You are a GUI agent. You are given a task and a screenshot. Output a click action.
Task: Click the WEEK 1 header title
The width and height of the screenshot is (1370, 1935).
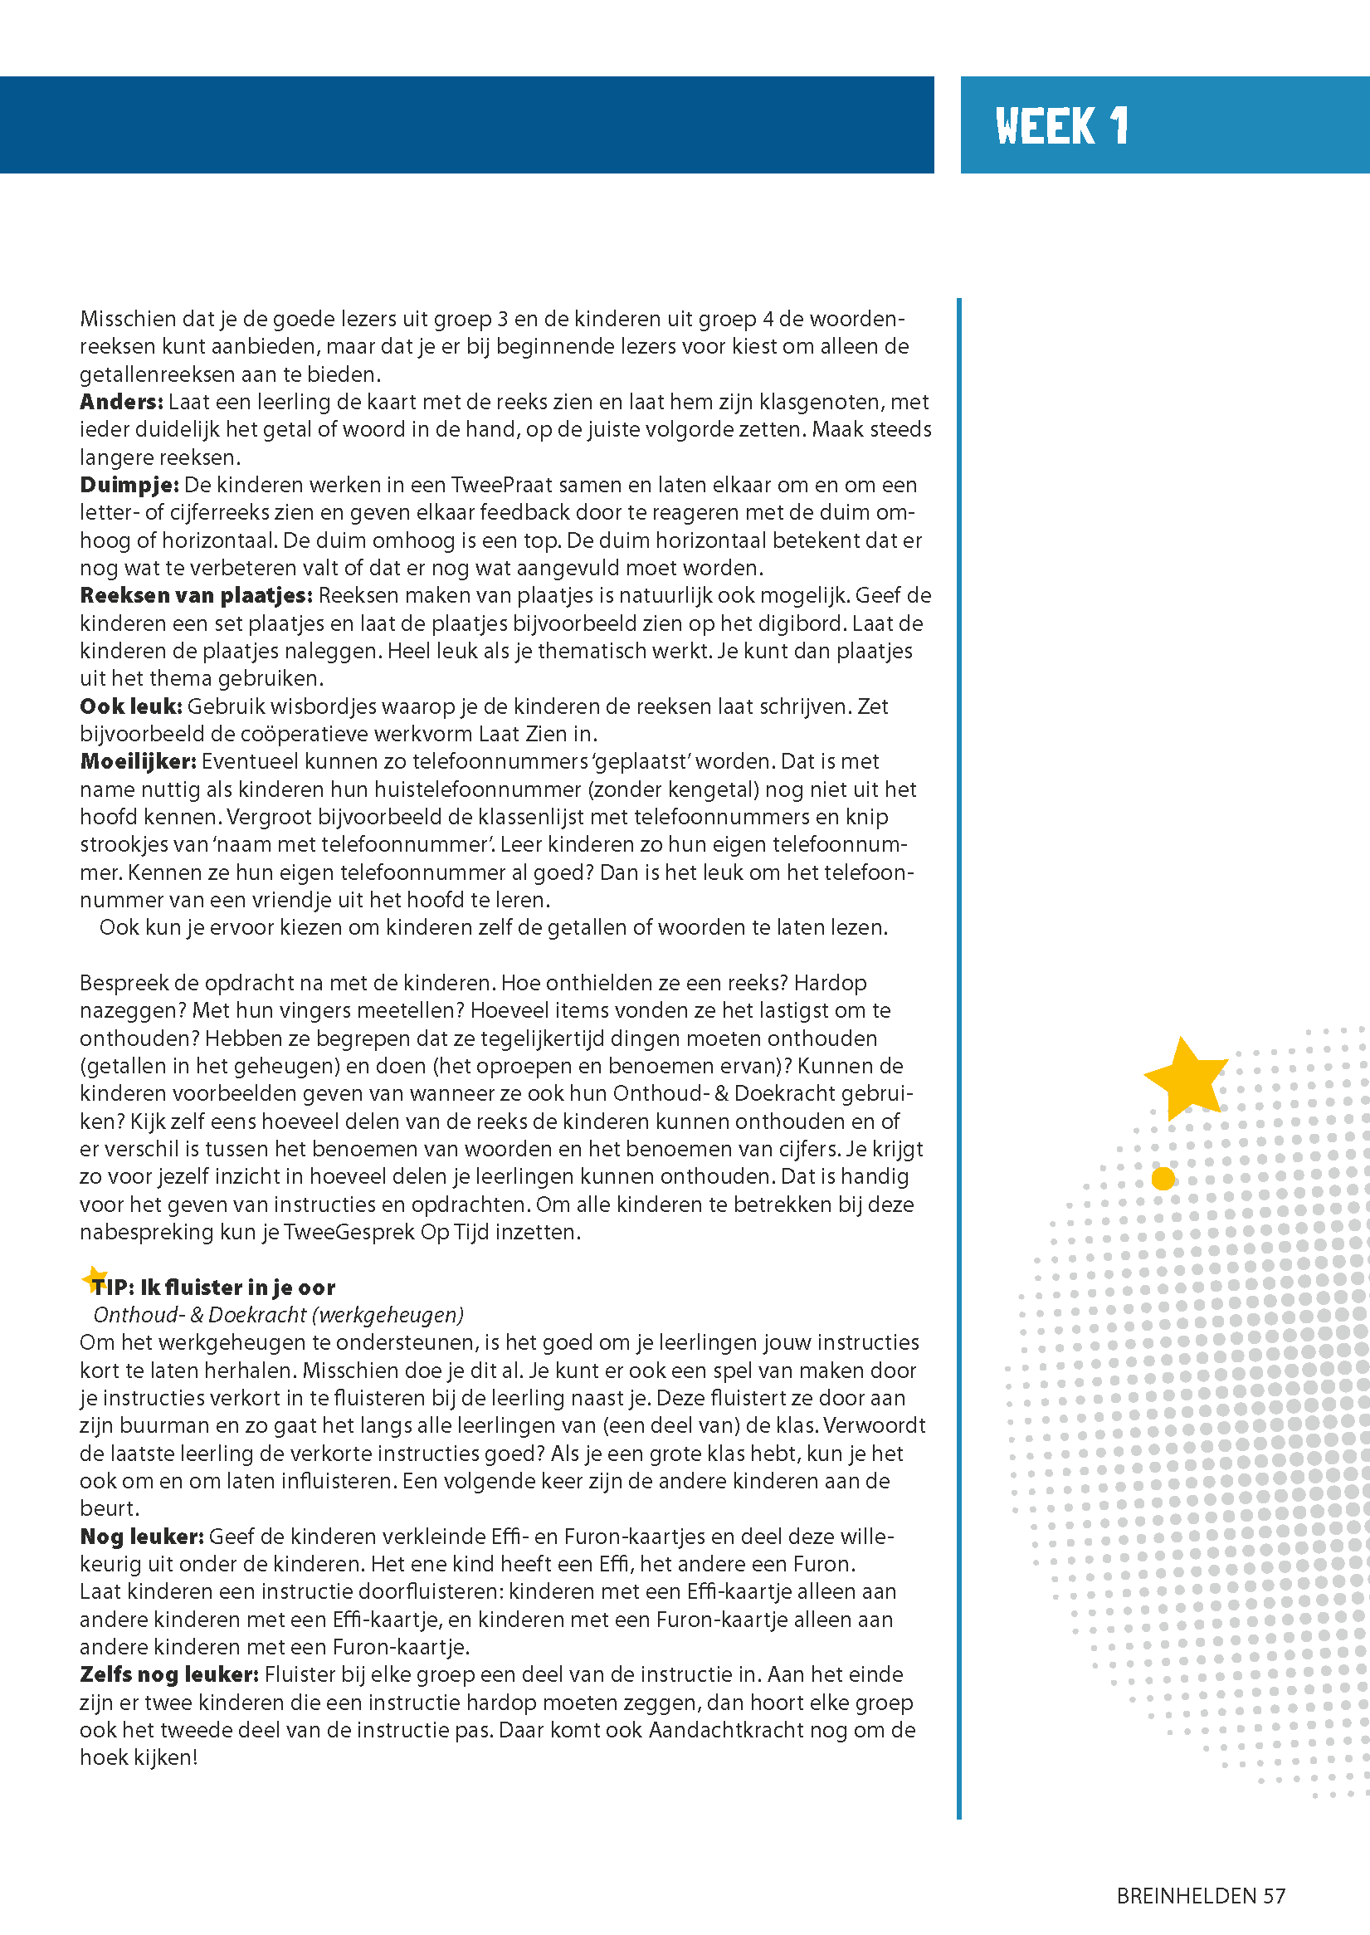(1061, 125)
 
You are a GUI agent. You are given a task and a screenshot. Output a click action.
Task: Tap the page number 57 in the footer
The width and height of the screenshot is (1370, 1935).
(1274, 1895)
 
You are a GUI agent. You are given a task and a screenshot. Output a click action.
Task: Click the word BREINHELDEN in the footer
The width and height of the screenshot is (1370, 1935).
(1186, 1895)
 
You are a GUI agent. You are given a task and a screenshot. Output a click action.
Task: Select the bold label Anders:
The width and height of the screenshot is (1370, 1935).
(121, 402)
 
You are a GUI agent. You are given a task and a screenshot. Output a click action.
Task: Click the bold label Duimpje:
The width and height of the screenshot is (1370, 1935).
(129, 486)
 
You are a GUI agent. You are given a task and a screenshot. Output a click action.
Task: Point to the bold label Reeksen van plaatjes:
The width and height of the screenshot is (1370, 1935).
(196, 596)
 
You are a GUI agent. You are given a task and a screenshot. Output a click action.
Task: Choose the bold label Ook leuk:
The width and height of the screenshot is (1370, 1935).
(131, 706)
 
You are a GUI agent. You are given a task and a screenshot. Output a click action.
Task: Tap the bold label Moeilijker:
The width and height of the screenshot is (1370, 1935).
(139, 761)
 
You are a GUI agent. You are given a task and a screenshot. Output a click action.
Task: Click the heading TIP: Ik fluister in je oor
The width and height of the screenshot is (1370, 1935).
(212, 1287)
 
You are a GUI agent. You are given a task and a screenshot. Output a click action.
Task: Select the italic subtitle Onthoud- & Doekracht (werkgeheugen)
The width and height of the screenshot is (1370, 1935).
(278, 1315)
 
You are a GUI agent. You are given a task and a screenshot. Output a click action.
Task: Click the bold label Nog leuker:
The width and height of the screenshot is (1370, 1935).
(142, 1537)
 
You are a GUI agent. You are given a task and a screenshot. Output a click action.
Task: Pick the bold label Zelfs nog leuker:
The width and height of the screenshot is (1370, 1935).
(168, 1675)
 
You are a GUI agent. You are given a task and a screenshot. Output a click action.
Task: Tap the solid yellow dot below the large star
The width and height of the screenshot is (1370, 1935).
(1163, 1178)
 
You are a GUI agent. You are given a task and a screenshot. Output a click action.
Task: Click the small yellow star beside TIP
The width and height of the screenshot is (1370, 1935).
(95, 1279)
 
